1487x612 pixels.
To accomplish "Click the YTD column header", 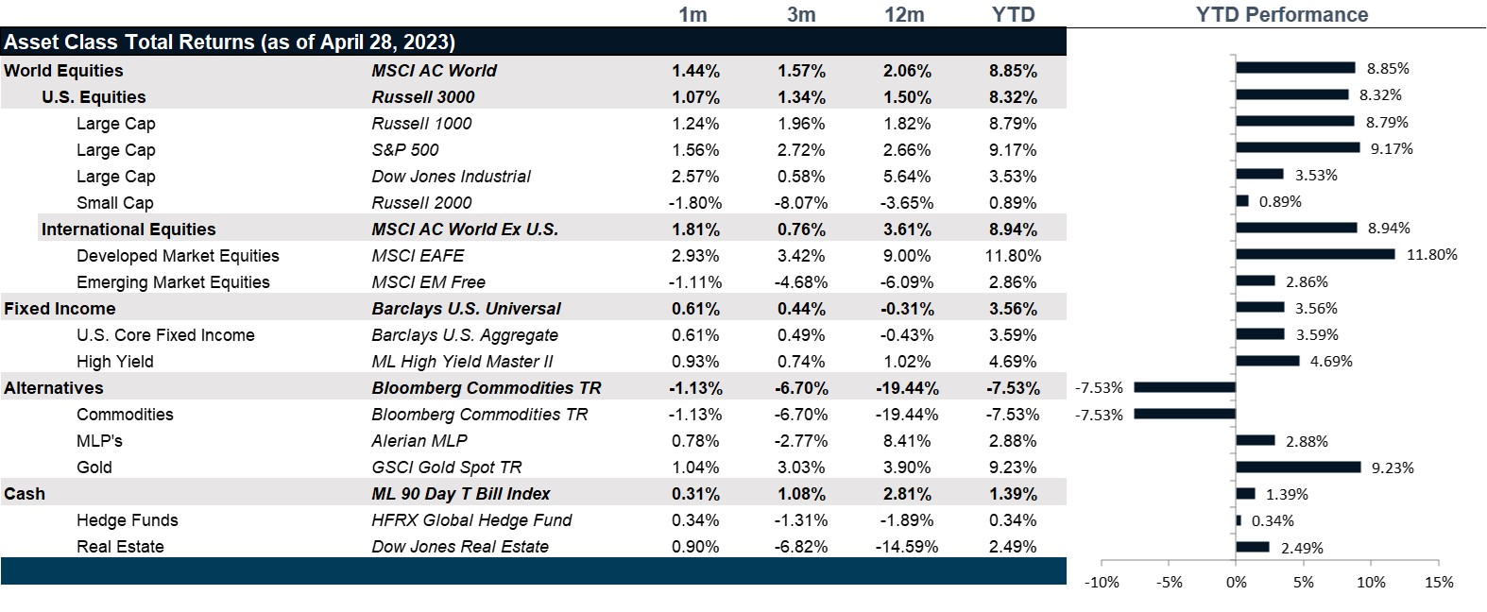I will [x=1014, y=14].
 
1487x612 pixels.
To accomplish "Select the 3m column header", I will [x=801, y=14].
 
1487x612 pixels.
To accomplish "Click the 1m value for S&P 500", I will [x=695, y=150].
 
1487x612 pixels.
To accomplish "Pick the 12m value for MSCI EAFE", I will [x=907, y=256].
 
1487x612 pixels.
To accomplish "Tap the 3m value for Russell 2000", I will [x=801, y=203].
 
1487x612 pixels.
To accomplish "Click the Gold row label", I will [x=94, y=467].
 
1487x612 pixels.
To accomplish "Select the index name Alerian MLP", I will [x=419, y=441].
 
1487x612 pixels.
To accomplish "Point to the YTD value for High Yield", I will [x=1014, y=362].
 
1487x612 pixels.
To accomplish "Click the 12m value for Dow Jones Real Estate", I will [x=907, y=547].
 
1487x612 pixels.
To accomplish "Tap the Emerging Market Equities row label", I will [x=173, y=282].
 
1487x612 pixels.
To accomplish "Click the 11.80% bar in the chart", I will [x=1314, y=254].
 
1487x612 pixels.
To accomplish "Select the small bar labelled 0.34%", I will [x=1239, y=520].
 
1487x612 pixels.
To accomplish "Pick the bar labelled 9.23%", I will [x=1298, y=467].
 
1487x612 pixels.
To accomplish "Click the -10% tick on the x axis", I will [x=1102, y=583].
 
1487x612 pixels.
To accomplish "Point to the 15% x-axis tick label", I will [x=1438, y=583].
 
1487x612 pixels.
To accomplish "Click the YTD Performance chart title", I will [x=1281, y=14].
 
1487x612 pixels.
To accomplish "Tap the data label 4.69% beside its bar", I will [x=1331, y=362].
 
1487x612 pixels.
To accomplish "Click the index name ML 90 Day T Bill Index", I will [x=461, y=494].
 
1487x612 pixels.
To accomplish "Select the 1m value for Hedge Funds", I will [x=695, y=520].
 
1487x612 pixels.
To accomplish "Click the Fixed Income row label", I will [x=60, y=309].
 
